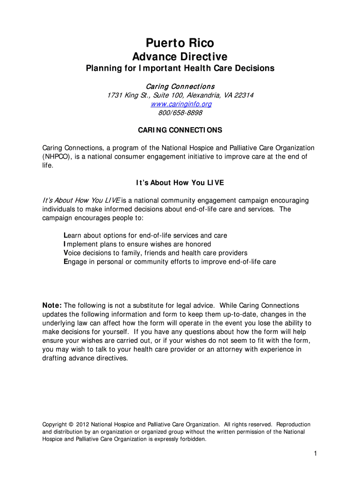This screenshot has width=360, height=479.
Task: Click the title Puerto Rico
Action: coord(180,43)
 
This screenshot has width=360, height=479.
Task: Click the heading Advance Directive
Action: coord(180,57)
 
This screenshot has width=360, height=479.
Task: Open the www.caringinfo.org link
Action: coord(180,104)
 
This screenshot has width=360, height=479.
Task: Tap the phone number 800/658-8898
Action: coord(180,113)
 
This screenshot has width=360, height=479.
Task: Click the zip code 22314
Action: coord(244,95)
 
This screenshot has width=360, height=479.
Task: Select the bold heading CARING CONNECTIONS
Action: coord(180,130)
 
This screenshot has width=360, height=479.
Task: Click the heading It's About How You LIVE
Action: coord(180,182)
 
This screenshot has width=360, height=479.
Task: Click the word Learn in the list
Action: coord(73,235)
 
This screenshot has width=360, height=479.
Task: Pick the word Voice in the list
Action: coord(72,253)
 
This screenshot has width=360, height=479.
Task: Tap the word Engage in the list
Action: coord(75,262)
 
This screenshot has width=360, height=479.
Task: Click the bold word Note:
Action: coord(52,305)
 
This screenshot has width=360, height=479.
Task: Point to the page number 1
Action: coord(316,454)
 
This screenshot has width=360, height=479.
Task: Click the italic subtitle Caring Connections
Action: coord(180,87)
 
